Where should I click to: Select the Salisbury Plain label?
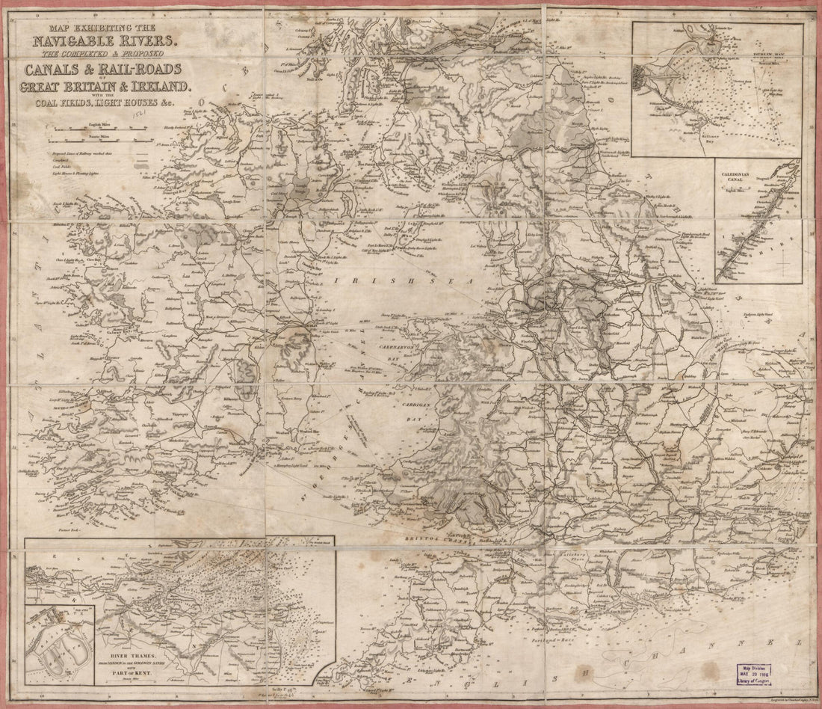[x=571, y=556]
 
